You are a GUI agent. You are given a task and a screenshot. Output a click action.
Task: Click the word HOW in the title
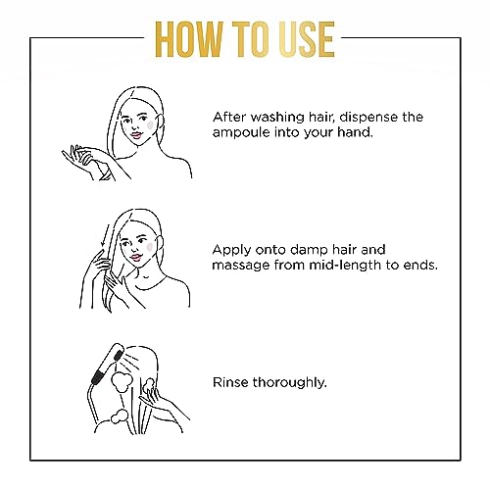click(189, 39)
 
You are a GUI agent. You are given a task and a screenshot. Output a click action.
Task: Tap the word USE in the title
click(301, 39)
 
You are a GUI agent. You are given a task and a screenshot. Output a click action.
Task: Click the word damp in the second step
click(310, 250)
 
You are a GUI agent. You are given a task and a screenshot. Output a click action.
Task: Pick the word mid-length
click(345, 265)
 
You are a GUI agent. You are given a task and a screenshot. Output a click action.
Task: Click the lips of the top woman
click(135, 135)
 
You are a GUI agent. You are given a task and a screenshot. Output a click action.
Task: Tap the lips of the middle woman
click(135, 257)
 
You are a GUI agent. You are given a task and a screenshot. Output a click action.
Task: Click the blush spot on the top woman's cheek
click(150, 124)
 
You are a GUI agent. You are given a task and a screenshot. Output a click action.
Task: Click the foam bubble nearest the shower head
click(122, 381)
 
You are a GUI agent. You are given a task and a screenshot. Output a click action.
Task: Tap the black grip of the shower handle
click(97, 375)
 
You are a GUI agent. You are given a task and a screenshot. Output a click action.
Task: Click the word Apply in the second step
click(231, 251)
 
